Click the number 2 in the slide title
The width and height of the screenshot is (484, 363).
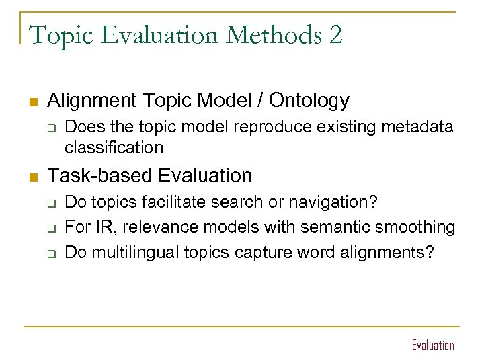click(335, 34)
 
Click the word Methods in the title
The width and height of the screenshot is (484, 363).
click(272, 34)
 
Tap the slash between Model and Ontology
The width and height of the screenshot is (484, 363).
click(259, 101)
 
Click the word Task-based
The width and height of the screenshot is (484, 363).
click(100, 176)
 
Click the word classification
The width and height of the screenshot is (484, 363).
click(114, 147)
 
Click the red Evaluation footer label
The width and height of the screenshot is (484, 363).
click(433, 346)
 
